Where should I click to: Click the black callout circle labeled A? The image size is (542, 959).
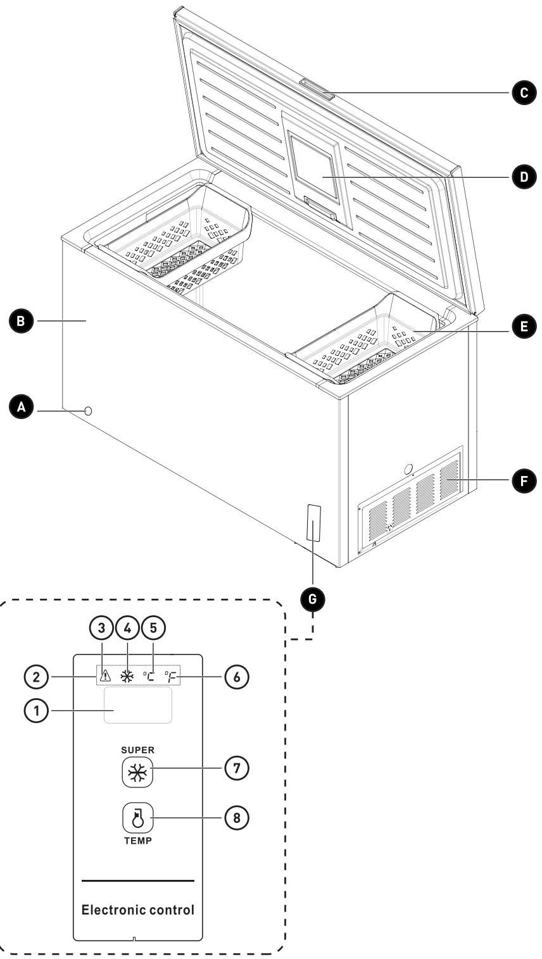[x=22, y=408]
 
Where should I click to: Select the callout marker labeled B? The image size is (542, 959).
[x=22, y=321]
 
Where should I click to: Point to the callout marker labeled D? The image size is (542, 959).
[x=523, y=177]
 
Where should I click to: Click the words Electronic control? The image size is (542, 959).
[x=137, y=910]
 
